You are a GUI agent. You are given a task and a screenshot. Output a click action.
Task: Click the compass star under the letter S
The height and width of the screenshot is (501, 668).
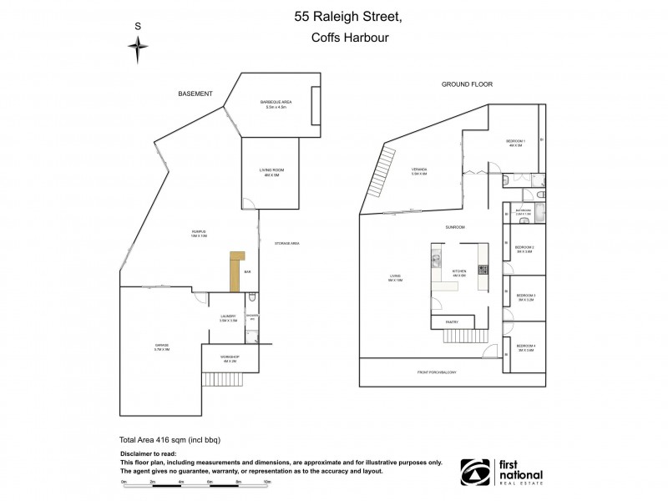138,52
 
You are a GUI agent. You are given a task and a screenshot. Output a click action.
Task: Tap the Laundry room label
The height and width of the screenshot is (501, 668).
229,318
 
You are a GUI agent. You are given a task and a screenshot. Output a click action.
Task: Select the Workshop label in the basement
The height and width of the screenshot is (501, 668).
230,357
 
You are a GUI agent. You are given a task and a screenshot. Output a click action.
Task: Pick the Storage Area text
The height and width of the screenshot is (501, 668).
286,243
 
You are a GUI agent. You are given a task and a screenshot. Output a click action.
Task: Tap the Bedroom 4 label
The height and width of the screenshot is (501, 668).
524,347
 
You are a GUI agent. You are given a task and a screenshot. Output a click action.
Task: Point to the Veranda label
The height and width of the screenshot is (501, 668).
418,172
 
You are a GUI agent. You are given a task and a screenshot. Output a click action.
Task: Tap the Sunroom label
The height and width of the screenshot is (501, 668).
454,227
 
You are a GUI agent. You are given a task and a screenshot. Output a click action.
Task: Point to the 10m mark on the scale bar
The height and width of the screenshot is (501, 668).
266,483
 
